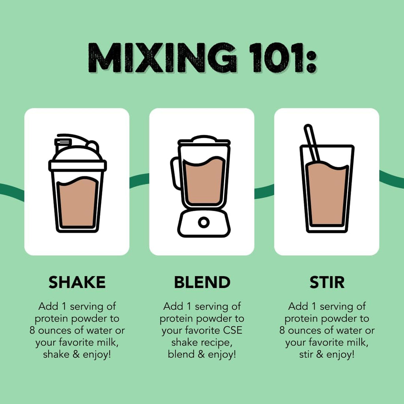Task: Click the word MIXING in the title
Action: coord(162,58)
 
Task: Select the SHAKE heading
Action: coord(77,282)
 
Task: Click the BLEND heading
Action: coord(202,282)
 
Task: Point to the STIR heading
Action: coord(327,282)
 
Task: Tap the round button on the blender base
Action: coord(204,222)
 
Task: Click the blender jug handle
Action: coord(175,173)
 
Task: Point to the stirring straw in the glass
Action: coord(312,143)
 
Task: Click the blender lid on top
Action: coord(204,140)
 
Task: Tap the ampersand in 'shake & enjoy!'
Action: coord(76,354)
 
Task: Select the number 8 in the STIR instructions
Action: coord(282,330)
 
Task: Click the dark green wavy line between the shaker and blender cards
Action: coord(139,180)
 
